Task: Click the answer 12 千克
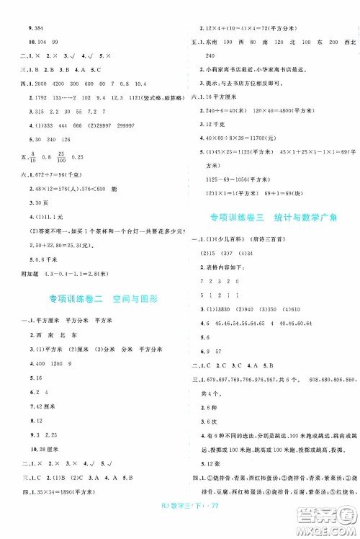(216, 125)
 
